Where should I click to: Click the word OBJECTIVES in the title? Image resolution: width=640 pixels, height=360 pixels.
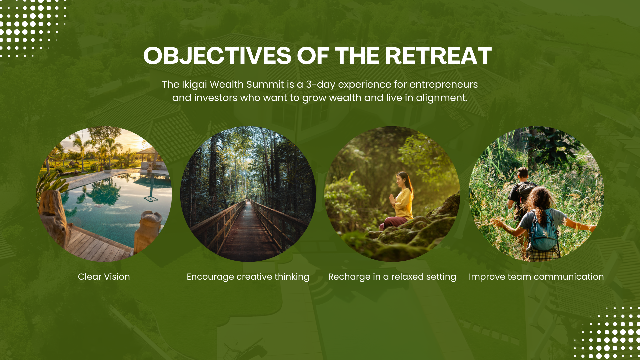[x=217, y=56]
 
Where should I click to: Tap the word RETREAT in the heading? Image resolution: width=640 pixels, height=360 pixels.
[x=438, y=56]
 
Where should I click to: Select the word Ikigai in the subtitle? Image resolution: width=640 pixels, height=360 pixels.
[x=194, y=85]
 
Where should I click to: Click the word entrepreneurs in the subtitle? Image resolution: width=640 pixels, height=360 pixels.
[x=443, y=85]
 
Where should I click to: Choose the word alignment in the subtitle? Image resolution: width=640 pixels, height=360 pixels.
[x=442, y=98]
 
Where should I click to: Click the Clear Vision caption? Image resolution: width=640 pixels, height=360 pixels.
[x=104, y=277]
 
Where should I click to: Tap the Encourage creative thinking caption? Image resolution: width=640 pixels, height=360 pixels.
[x=248, y=277]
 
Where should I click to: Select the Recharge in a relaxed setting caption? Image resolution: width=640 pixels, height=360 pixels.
[x=392, y=277]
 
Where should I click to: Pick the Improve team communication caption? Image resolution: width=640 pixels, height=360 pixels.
[x=536, y=277]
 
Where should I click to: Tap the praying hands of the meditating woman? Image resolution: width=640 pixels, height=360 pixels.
[x=392, y=200]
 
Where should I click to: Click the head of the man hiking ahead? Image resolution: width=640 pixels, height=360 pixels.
[x=523, y=173]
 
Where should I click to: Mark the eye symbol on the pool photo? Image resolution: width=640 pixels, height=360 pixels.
[x=151, y=199]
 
